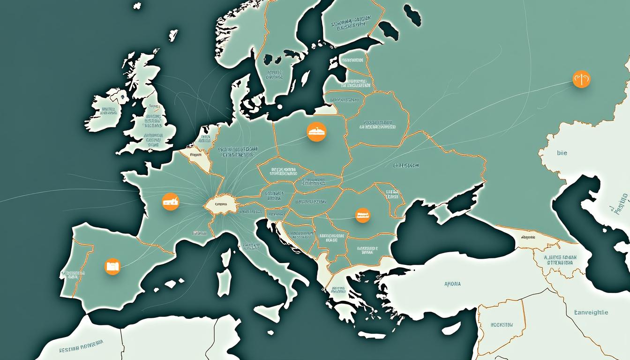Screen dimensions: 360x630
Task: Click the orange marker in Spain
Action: (x=112, y=266)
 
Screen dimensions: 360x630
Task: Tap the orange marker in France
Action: (x=171, y=202)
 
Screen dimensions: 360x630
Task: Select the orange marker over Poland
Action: (x=316, y=132)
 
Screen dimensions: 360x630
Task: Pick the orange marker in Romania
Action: (x=362, y=215)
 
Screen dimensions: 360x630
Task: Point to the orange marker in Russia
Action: (x=581, y=79)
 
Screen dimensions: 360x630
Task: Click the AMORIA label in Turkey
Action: (x=452, y=284)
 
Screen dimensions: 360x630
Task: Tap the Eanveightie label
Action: (x=591, y=312)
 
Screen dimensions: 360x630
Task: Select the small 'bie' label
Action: (x=562, y=153)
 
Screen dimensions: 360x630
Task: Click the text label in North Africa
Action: (x=82, y=349)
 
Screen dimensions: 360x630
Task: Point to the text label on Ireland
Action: (x=108, y=111)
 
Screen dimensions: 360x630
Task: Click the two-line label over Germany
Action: (x=238, y=151)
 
